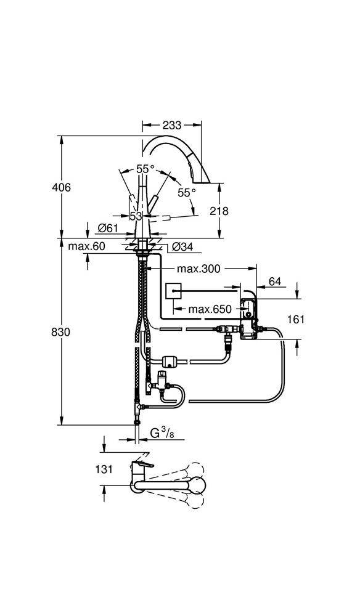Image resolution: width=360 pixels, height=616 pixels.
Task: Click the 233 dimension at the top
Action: pyautogui.click(x=172, y=124)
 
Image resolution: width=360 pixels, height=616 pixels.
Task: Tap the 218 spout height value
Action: pyautogui.click(x=219, y=211)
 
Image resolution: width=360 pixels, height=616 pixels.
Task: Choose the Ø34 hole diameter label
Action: pyautogui.click(x=182, y=246)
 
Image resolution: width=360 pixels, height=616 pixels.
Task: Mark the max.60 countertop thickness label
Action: pyautogui.click(x=86, y=246)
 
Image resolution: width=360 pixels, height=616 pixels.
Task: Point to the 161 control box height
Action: pyautogui.click(x=296, y=320)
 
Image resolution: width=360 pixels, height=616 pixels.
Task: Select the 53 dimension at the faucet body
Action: pyautogui.click(x=136, y=216)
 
